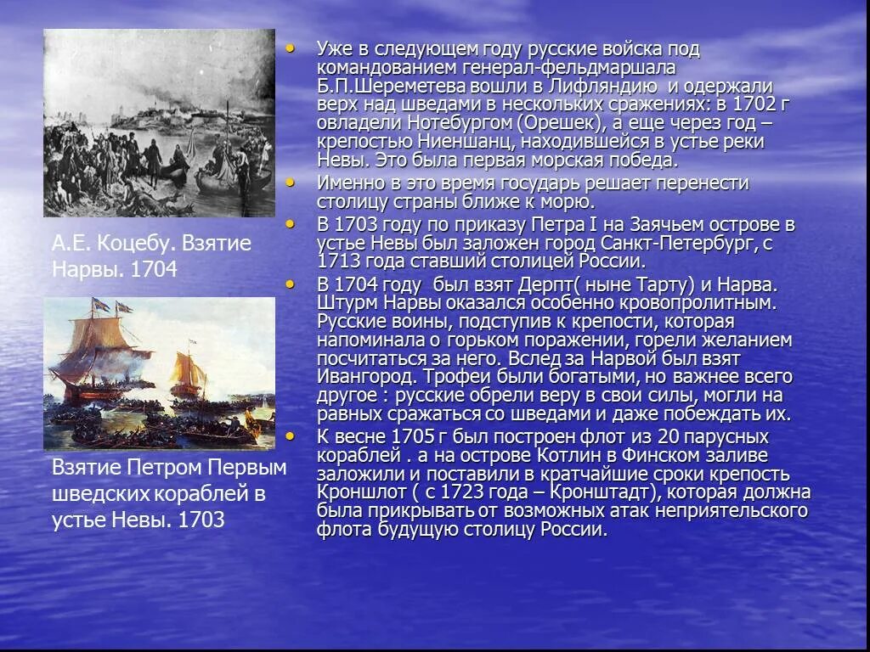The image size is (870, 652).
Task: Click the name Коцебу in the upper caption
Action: click(138, 244)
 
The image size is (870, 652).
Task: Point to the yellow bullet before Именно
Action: click(291, 183)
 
